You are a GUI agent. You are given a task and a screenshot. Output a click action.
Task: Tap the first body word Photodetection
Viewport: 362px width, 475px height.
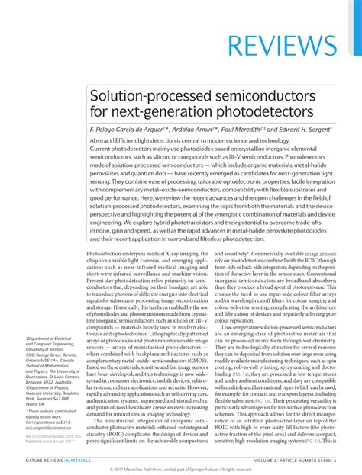coord(109,253)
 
